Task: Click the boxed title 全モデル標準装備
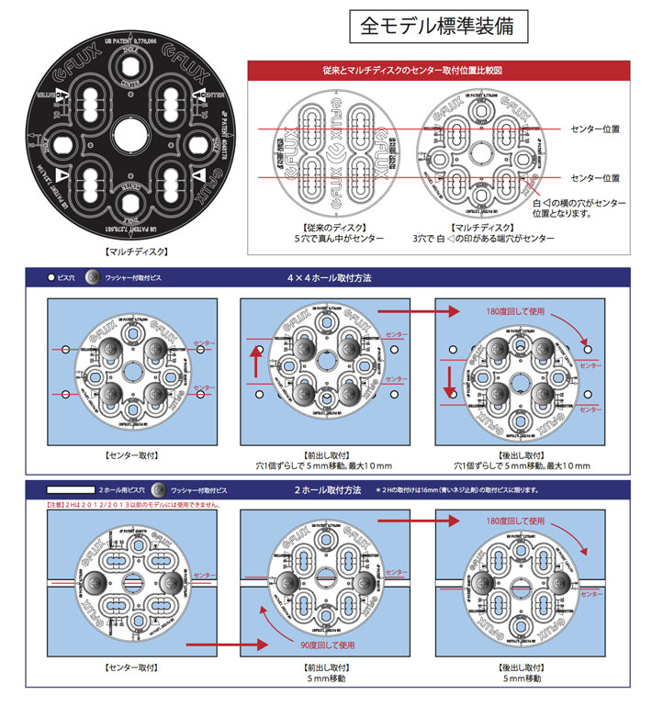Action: [x=444, y=26]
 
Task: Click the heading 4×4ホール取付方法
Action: [x=327, y=276]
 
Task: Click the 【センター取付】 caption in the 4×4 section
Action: [x=132, y=454]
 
